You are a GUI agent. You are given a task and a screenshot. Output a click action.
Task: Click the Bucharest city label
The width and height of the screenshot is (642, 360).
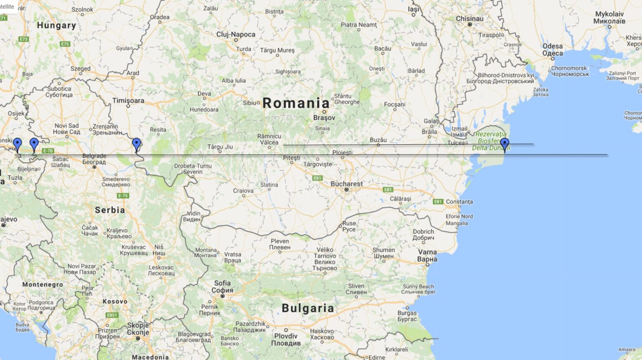pos(346,184)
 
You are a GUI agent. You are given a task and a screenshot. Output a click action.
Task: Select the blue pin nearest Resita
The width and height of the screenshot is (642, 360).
pos(136,144)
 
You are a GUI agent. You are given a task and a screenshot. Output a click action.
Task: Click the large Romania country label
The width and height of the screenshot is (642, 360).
pos(296,103)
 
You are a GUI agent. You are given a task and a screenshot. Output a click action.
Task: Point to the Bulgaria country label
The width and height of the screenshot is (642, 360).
pos(308,308)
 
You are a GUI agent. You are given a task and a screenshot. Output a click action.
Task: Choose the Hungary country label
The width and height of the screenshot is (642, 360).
pos(56,25)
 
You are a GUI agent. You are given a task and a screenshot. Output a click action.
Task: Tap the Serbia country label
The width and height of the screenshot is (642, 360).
pos(110,210)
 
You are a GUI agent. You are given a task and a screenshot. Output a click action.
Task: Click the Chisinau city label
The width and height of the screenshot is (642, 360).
pos(469,19)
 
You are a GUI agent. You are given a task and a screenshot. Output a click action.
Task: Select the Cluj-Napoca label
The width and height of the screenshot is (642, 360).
pos(236,34)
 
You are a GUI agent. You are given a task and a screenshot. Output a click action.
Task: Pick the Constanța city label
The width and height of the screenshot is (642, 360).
pos(459,202)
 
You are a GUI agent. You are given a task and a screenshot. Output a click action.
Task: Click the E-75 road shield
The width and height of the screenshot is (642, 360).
pos(123,196)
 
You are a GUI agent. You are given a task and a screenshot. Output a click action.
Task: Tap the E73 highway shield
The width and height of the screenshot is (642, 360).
pos(23,39)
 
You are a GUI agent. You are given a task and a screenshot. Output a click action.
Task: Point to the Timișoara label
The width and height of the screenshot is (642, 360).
pos(128,100)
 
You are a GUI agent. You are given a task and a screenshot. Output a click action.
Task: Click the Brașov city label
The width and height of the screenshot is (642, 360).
pos(324,118)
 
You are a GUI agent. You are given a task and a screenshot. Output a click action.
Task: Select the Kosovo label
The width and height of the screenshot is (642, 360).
pos(115,301)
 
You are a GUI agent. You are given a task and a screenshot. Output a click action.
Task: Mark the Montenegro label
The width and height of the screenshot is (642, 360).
pos(42,284)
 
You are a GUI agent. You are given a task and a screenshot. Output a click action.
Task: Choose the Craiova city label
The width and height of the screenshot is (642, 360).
pos(243,191)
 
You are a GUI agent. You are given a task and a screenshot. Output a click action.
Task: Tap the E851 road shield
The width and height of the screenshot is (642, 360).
pos(112,315)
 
